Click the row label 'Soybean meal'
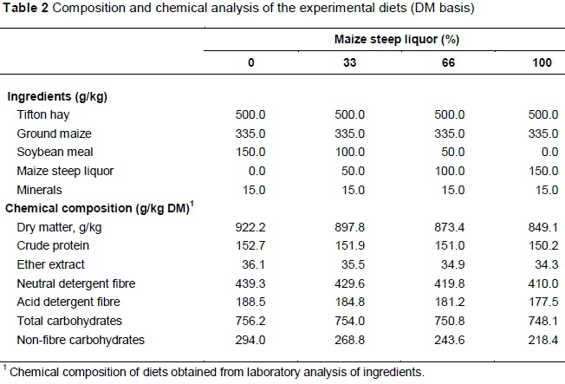click(x=52, y=152)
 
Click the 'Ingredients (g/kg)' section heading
click(x=56, y=96)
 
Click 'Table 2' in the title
click(x=24, y=10)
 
